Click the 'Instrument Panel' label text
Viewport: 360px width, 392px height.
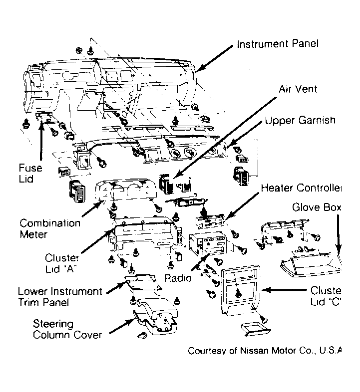point(278,44)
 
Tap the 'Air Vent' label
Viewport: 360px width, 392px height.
point(298,89)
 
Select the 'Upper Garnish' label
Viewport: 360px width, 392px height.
point(300,120)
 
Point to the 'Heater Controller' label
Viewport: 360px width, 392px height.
point(301,188)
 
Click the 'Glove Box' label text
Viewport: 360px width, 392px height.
point(317,207)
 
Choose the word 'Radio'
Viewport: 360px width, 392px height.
point(178,278)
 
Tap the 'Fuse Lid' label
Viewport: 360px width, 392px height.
point(30,173)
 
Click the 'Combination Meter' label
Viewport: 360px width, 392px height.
point(50,228)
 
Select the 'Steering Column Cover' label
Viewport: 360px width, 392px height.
point(67,329)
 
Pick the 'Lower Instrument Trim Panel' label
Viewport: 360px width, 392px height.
point(60,297)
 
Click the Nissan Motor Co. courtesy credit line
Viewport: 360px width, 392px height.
point(265,351)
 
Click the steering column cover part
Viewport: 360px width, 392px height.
point(156,316)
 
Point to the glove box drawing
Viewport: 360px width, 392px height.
point(311,265)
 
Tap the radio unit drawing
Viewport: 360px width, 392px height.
point(208,243)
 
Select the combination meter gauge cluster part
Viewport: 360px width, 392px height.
point(126,190)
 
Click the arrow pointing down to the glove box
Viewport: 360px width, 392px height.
point(338,233)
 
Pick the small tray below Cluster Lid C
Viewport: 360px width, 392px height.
point(256,329)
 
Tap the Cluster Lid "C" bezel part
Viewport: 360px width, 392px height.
point(241,290)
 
